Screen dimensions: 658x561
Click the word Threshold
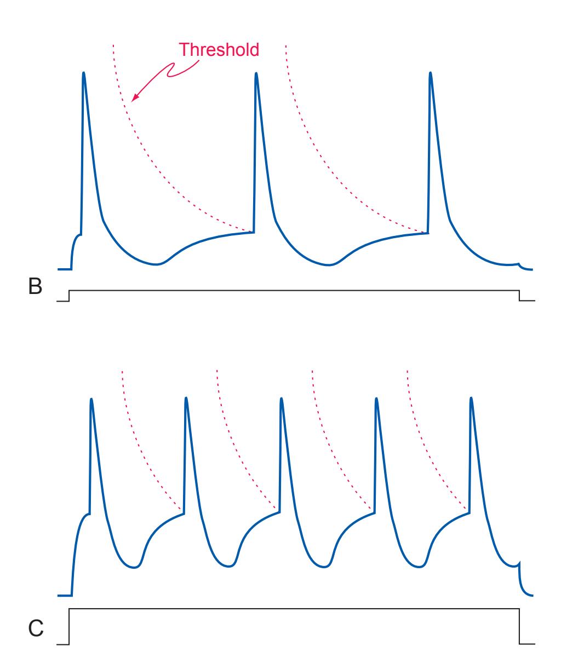point(220,50)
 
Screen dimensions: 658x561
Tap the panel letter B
point(36,288)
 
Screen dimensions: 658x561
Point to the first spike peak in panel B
point(83,73)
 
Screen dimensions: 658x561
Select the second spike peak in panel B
point(256,73)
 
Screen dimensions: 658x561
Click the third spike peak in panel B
point(430,73)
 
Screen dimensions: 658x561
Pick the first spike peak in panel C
point(91,399)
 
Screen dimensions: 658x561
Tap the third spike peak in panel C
point(282,399)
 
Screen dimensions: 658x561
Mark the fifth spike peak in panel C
point(471,398)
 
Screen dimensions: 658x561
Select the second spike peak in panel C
point(186,399)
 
